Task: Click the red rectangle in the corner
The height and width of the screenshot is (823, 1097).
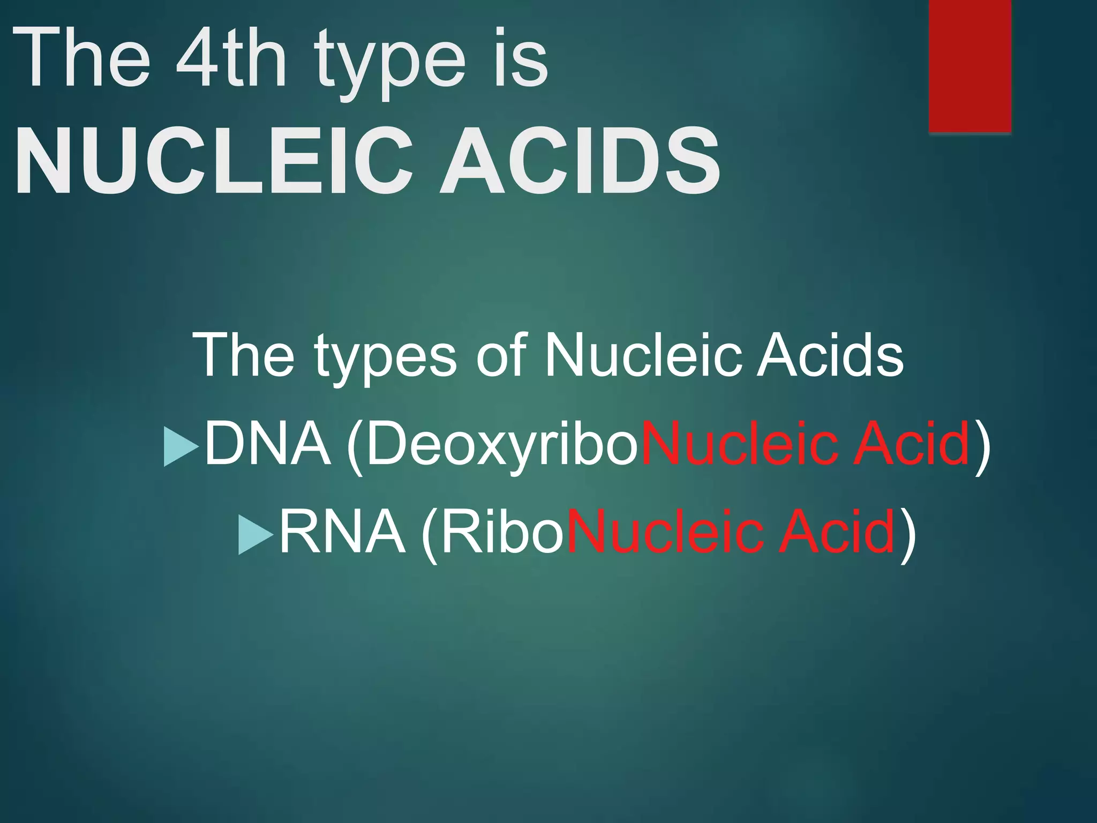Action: pyautogui.click(x=970, y=65)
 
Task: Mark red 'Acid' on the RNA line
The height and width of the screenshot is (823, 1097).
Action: pyautogui.click(x=837, y=532)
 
